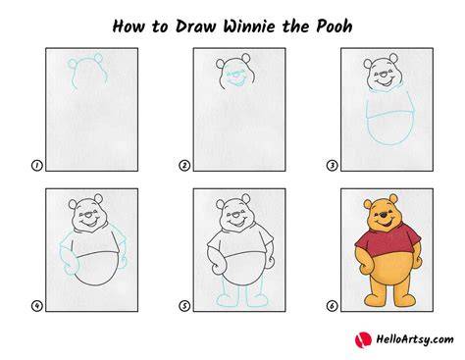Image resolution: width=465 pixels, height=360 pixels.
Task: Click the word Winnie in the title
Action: coord(250,26)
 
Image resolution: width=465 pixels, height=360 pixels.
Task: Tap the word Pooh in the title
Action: coord(335,26)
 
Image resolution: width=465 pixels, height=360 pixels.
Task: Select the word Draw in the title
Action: coord(196,26)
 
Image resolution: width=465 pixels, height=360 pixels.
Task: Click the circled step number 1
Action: coord(36,166)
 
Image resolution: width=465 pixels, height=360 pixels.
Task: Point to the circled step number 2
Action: coord(184,166)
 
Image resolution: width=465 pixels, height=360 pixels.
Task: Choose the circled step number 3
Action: coord(332,166)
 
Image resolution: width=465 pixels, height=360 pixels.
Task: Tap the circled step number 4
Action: coord(36,306)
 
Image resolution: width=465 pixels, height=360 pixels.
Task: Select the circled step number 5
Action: coord(184,306)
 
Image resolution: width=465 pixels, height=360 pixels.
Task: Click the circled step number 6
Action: coord(332,306)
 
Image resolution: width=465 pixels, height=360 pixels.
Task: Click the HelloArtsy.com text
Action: coord(415,339)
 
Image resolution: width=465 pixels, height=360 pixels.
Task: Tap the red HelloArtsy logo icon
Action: coord(363,340)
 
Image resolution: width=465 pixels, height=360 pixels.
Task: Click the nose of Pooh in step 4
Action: coord(87,215)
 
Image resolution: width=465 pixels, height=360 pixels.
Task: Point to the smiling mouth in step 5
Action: coord(236,224)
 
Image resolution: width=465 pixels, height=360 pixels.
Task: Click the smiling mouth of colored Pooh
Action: coord(385,224)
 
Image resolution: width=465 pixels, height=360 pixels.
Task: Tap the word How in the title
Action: coord(129,26)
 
